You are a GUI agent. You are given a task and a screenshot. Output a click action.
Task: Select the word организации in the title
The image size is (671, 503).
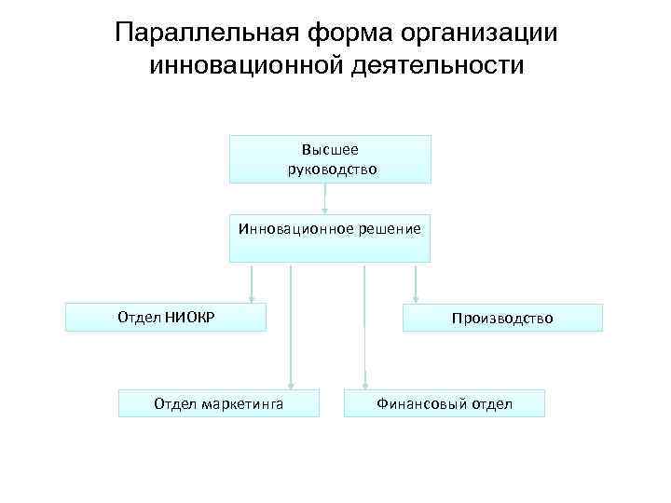tap(476, 34)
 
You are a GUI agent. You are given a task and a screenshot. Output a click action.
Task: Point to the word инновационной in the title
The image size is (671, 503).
tap(238, 67)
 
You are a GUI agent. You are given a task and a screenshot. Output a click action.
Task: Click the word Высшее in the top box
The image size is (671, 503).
tap(330, 149)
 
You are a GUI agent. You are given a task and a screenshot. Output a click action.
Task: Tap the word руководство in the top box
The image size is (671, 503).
tap(332, 170)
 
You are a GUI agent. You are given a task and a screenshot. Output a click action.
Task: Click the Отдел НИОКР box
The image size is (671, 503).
tap(165, 317)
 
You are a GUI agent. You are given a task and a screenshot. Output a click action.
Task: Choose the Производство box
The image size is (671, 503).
tap(502, 318)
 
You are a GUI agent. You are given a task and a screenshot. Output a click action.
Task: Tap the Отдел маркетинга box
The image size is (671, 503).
tap(219, 402)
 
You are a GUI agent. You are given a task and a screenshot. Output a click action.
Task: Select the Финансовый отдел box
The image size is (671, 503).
tap(444, 402)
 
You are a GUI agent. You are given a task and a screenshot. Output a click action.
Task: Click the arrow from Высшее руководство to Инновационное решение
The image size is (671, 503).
tap(325, 198)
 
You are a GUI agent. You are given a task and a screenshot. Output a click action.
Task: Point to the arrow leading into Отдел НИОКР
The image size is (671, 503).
tap(252, 283)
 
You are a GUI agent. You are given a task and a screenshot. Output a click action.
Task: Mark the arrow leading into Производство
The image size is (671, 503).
tap(415, 283)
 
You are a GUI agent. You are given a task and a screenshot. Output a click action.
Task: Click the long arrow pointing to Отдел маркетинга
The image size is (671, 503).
tap(292, 326)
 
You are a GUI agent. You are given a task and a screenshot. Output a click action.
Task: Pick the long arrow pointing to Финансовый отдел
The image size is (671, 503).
tap(365, 326)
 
